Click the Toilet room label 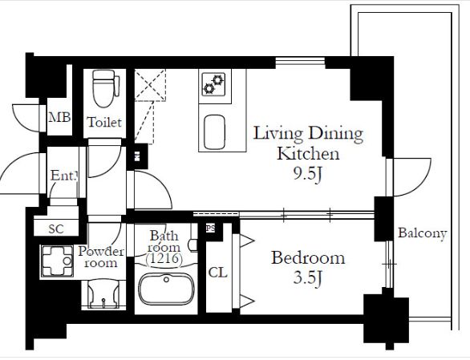[x=104, y=123]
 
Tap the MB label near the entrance [x=59, y=117]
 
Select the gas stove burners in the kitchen [x=213, y=84]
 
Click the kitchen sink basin [x=214, y=131]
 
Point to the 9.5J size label [x=307, y=174]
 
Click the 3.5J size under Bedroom [x=307, y=278]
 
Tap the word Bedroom [x=308, y=258]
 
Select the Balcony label [x=423, y=233]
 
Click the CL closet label [x=218, y=273]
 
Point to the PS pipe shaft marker [x=210, y=229]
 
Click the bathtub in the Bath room [x=166, y=289]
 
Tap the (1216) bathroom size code [x=164, y=259]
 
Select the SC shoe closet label [x=56, y=229]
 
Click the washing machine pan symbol [x=57, y=261]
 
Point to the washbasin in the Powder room [x=103, y=294]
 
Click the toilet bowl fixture [x=104, y=88]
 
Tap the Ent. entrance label [x=64, y=176]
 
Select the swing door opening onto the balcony [x=410, y=177]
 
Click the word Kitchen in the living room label [x=308, y=154]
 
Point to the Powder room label [x=101, y=257]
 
